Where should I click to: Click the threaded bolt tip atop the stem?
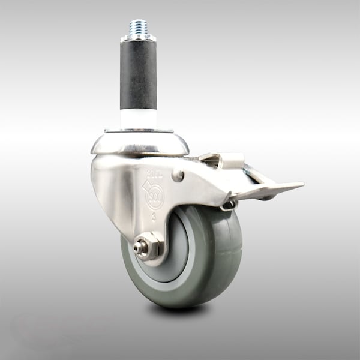point(138,28)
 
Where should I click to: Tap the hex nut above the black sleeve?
point(138,39)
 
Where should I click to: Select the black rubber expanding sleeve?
point(138,75)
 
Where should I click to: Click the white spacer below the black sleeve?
point(138,118)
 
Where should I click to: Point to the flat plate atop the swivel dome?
point(139,130)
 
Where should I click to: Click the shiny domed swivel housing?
point(139,143)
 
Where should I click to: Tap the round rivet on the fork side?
point(178,176)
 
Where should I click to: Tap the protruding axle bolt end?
point(137,247)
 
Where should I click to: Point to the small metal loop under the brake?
point(228,206)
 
